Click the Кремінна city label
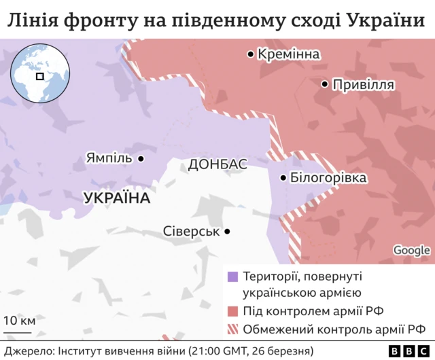click(289, 54)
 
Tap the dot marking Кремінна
click(251, 54)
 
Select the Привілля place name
click(363, 84)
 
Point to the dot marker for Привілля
click(325, 84)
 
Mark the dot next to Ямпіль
click(141, 158)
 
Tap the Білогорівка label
click(328, 178)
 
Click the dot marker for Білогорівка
click(283, 178)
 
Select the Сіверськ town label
click(191, 231)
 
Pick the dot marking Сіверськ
click(227, 231)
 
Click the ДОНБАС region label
click(217, 164)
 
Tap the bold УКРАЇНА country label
click(116, 198)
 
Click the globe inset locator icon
click(39, 74)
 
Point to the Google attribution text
click(411, 250)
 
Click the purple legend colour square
click(232, 276)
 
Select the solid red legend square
click(232, 311)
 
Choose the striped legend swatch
click(232, 330)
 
